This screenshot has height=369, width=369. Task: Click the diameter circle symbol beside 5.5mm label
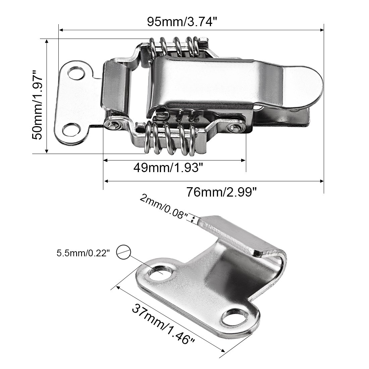tap(123, 252)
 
